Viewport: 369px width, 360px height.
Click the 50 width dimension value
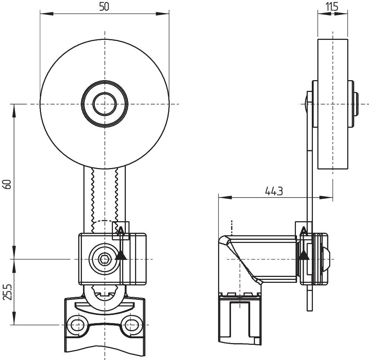(x=104, y=6)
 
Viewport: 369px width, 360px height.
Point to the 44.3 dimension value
(x=274, y=191)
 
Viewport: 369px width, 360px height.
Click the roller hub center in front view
(x=104, y=104)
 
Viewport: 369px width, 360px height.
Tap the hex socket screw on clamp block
(x=104, y=259)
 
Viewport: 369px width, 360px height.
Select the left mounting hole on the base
(x=76, y=325)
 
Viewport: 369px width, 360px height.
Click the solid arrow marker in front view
(x=121, y=255)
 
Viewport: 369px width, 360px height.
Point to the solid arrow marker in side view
(x=304, y=254)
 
